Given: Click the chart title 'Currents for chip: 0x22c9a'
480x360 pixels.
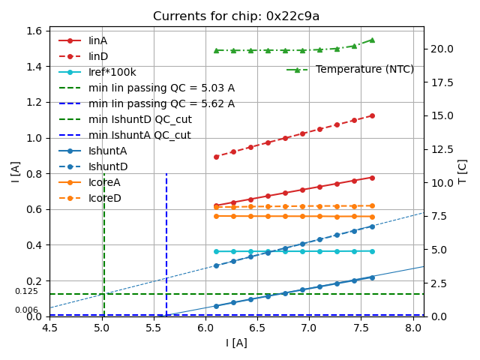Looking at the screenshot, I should click(x=236, y=16).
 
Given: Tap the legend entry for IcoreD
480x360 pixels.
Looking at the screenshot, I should click(x=105, y=198).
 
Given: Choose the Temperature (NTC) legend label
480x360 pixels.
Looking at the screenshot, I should click(x=364, y=69).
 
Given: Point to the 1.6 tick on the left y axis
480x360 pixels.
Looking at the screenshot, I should click(x=34, y=31).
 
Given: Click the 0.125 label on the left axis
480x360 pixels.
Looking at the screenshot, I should click(x=26, y=292).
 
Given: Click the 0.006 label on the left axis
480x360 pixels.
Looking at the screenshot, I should click(x=26, y=310).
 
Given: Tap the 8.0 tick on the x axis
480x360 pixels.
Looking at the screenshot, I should click(x=413, y=328).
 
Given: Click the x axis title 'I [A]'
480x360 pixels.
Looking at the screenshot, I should click(x=236, y=343).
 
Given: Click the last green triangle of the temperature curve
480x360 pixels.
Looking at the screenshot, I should click(x=371, y=40).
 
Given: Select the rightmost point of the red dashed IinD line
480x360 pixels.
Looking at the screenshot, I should click(x=371, y=115).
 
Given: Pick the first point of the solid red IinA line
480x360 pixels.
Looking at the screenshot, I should click(x=216, y=205).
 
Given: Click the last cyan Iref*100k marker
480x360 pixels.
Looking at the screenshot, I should click(x=371, y=251).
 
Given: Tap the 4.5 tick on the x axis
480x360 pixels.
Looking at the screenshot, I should click(x=50, y=328).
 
